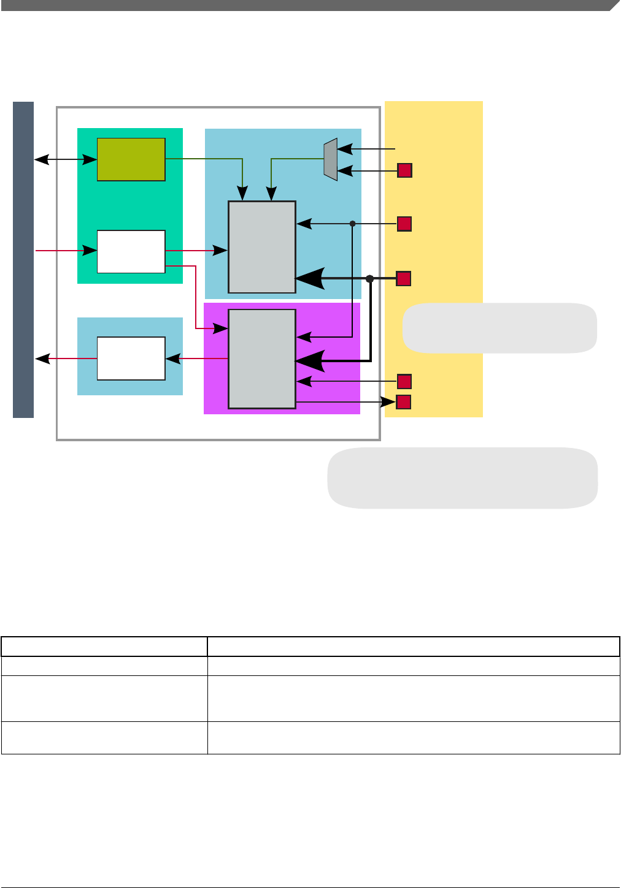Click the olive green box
[x=131, y=159]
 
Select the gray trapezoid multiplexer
[x=331, y=159]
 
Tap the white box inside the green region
[x=131, y=251]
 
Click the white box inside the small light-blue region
[x=131, y=359]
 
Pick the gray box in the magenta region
[x=262, y=359]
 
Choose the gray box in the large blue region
[x=262, y=247]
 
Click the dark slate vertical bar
[x=23, y=260]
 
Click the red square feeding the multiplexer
[x=404, y=170]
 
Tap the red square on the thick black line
[x=403, y=279]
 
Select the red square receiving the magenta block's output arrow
[x=403, y=402]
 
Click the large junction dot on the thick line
[x=369, y=279]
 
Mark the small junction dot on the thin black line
[x=352, y=224]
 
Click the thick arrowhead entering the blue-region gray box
[x=310, y=279]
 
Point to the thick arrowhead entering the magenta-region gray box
[x=310, y=362]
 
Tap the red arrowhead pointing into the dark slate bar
[x=42, y=359]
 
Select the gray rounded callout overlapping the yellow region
[x=499, y=328]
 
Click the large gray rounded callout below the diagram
[x=463, y=478]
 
